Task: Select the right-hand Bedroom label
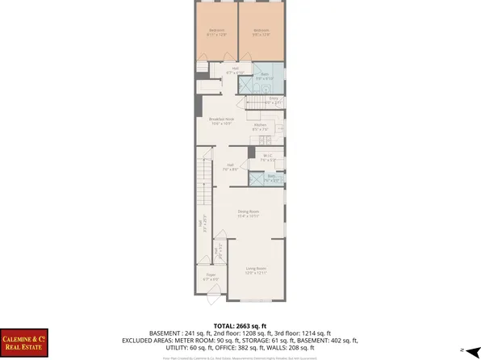coord(262,32)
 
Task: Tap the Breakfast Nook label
coord(222,122)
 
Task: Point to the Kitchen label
coord(261,127)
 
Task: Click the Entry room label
coord(273,102)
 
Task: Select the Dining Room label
coord(248,214)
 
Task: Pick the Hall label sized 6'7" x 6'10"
coord(236,70)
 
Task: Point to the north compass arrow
coord(466,350)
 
